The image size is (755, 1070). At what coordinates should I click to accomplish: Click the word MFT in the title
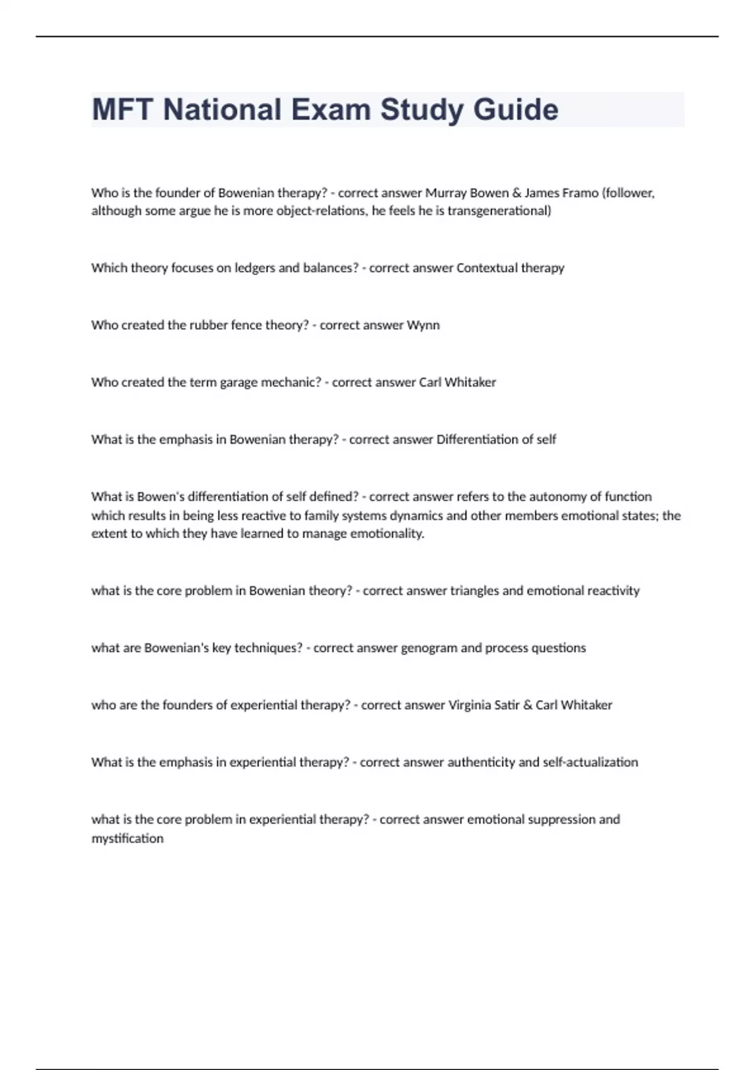123,110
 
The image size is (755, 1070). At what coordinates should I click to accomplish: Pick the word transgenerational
499,211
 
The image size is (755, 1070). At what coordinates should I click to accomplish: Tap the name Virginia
470,706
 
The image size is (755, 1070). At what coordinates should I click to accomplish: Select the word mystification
128,838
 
